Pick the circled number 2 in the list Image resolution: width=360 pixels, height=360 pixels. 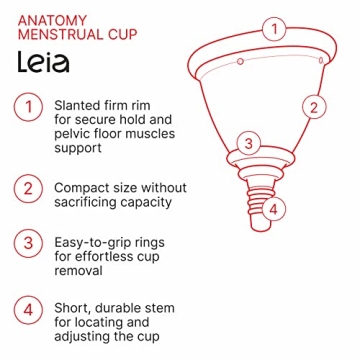(x=28, y=188)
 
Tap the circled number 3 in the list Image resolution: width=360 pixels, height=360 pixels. (x=28, y=243)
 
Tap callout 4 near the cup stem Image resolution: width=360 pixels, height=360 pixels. (x=276, y=208)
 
